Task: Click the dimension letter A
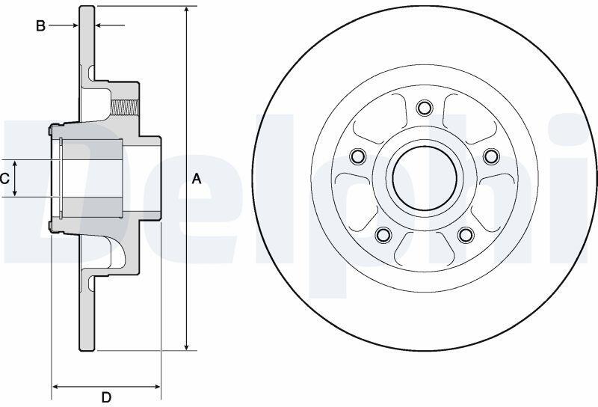(196, 179)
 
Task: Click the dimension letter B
(40, 26)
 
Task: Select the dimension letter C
(4, 179)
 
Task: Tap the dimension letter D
(106, 397)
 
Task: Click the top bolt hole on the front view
(425, 108)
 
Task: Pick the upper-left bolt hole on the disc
(358, 156)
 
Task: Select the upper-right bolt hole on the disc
(491, 156)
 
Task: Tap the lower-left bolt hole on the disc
(383, 234)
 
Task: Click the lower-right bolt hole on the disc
(466, 234)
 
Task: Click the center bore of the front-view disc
(425, 178)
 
